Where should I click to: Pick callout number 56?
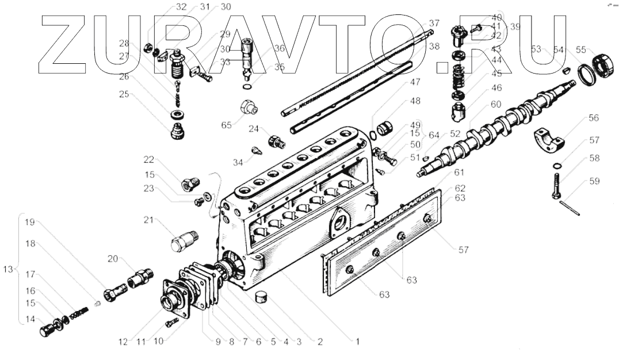(x=593, y=118)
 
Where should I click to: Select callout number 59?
(x=593, y=181)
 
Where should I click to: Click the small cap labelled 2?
(x=262, y=297)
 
